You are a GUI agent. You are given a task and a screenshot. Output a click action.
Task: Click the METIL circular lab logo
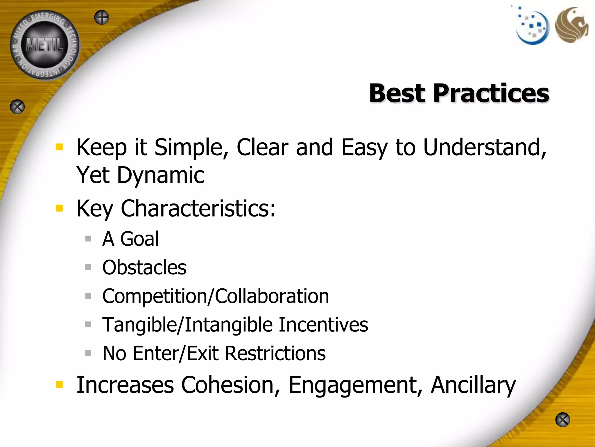[45, 45]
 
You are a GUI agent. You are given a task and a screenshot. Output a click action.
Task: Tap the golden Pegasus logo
[571, 25]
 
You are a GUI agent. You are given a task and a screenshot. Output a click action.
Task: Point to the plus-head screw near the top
[102, 17]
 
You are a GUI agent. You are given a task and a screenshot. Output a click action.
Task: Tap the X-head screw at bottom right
[562, 420]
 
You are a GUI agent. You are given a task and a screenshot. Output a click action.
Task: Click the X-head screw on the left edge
[17, 107]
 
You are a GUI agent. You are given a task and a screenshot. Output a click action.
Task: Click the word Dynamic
[161, 175]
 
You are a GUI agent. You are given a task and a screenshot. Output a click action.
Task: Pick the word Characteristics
[198, 208]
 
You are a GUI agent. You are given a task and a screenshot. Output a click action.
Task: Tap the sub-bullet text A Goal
[130, 239]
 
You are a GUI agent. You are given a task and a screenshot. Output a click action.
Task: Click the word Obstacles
[144, 267]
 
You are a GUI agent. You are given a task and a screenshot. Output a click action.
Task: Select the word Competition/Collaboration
[216, 296]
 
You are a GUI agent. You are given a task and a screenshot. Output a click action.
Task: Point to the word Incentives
[323, 324]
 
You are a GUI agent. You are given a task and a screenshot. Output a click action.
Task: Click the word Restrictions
[275, 353]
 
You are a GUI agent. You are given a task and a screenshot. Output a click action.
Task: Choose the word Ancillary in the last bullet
[473, 385]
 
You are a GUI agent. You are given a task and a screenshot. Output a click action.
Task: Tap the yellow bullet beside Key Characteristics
[59, 208]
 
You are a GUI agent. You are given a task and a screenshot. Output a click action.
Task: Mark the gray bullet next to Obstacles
[88, 267]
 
